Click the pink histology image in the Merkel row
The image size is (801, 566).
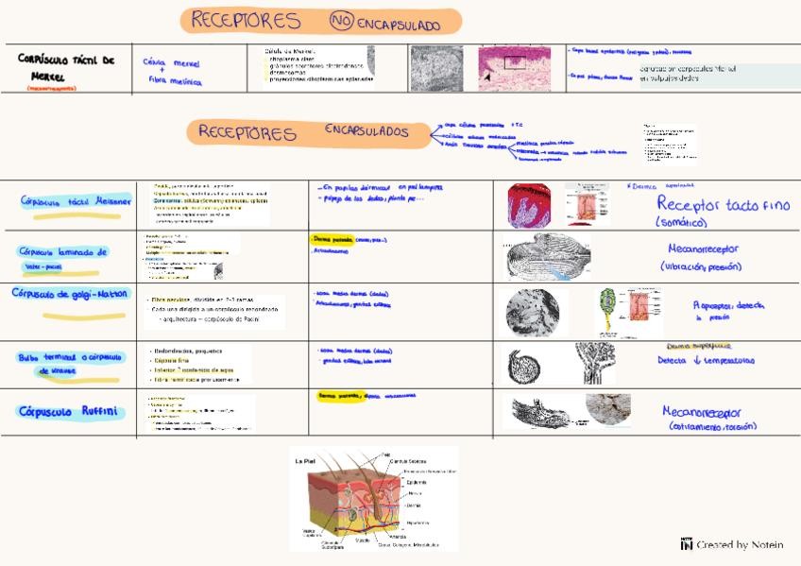(x=515, y=68)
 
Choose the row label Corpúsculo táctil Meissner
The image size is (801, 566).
(x=76, y=201)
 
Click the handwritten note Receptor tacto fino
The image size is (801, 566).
(x=723, y=204)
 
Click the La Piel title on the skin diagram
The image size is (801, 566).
(x=305, y=461)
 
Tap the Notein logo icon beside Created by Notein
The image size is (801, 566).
(x=687, y=543)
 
